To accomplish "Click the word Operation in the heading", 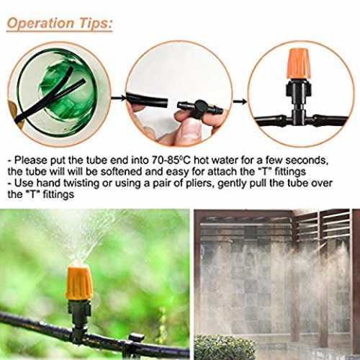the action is click(40, 24).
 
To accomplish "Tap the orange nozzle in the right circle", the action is click(299, 64).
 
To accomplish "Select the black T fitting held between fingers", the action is click(200, 109).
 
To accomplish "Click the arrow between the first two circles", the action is click(118, 97).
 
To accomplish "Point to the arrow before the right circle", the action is click(240, 102).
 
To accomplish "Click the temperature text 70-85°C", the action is click(171, 160).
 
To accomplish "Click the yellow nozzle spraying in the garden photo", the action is click(78, 283).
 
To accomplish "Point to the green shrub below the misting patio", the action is click(225, 347).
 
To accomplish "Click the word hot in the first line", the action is click(202, 160).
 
